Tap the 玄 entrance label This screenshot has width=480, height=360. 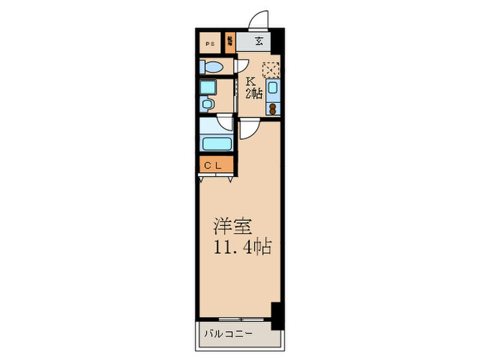coord(259,42)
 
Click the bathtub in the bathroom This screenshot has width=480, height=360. coord(217,145)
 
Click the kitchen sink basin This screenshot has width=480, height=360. coord(273,88)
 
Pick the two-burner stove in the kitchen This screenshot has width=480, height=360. coord(273,108)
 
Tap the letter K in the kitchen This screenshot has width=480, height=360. coord(252,81)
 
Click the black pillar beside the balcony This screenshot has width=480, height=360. coord(276,315)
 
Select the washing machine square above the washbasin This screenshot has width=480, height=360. coord(207,87)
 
